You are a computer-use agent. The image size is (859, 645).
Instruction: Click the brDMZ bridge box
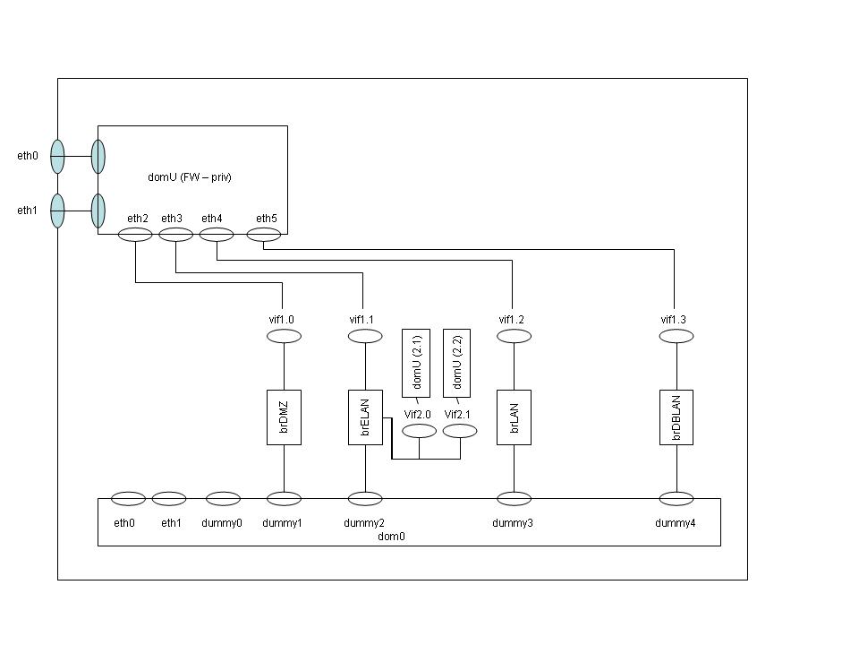(x=284, y=417)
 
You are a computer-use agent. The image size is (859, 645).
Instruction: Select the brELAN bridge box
(x=364, y=417)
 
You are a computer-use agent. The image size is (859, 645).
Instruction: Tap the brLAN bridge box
(x=514, y=417)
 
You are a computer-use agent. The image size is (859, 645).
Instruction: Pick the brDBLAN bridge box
(x=676, y=417)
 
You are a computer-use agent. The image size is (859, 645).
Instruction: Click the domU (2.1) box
(x=417, y=363)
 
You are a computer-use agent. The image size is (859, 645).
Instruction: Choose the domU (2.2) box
(x=458, y=363)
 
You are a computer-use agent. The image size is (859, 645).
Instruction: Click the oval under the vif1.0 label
(x=284, y=336)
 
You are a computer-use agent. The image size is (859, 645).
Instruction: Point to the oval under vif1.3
(x=676, y=336)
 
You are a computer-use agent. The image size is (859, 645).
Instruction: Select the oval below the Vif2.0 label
(x=419, y=431)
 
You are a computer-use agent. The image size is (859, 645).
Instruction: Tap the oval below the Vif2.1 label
(x=460, y=431)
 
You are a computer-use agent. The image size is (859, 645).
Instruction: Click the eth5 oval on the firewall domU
(x=264, y=235)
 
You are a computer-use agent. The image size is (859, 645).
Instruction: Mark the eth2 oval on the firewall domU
(x=135, y=235)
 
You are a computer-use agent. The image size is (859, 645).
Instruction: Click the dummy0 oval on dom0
(x=223, y=499)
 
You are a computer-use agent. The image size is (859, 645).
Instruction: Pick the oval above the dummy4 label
(x=676, y=499)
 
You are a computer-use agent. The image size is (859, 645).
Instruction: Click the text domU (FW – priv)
(x=190, y=177)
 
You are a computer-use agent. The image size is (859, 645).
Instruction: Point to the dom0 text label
(x=392, y=536)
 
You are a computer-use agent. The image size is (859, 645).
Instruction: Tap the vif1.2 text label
(x=512, y=320)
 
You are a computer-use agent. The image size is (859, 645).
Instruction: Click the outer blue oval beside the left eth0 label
(x=57, y=156)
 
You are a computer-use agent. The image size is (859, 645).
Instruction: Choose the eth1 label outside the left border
(x=28, y=211)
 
